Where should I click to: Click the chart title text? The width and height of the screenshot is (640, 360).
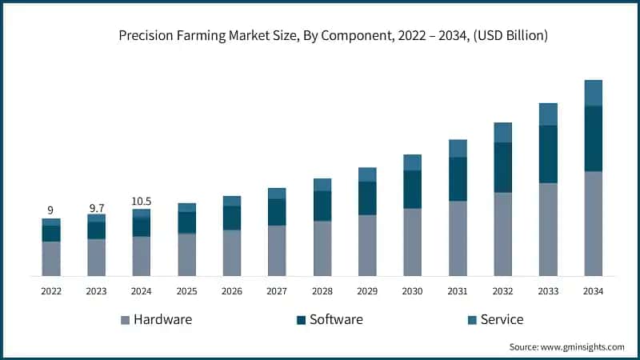click(334, 35)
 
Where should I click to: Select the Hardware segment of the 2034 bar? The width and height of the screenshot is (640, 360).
click(593, 223)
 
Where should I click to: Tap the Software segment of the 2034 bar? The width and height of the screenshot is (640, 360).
click(593, 138)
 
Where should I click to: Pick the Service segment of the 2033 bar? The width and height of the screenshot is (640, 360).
click(548, 114)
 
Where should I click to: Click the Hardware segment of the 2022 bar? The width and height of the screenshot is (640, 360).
click(50, 258)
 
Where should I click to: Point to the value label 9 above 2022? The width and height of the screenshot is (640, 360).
click(50, 210)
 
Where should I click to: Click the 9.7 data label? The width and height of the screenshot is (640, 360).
click(96, 207)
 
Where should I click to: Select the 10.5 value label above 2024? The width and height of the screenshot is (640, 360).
click(142, 202)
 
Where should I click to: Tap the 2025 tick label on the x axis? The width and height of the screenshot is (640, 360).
click(186, 291)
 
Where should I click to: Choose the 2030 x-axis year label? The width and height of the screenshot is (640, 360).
click(412, 291)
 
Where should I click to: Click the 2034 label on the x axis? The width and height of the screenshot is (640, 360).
click(593, 291)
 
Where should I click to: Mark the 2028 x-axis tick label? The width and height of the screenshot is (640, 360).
click(322, 291)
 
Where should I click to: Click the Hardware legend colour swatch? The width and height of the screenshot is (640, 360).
click(125, 320)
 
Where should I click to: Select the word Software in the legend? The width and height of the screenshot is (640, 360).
click(336, 319)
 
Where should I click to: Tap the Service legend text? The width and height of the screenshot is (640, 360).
click(502, 319)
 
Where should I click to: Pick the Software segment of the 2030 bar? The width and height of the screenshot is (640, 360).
click(412, 190)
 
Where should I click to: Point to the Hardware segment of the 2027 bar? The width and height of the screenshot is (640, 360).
click(277, 250)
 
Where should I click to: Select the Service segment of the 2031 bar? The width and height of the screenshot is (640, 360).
click(458, 149)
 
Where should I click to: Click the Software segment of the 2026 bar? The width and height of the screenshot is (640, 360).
click(232, 218)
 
